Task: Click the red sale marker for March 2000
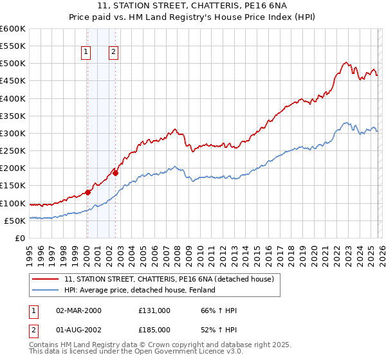(87, 192)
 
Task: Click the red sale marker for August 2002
(115, 173)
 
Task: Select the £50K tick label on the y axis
(15, 221)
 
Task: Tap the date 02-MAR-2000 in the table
(78, 310)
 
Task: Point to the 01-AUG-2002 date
(78, 330)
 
